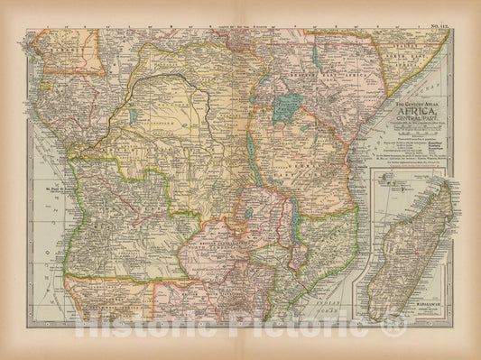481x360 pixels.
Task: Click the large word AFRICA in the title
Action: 409,115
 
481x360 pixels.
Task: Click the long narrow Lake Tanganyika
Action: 247,157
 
